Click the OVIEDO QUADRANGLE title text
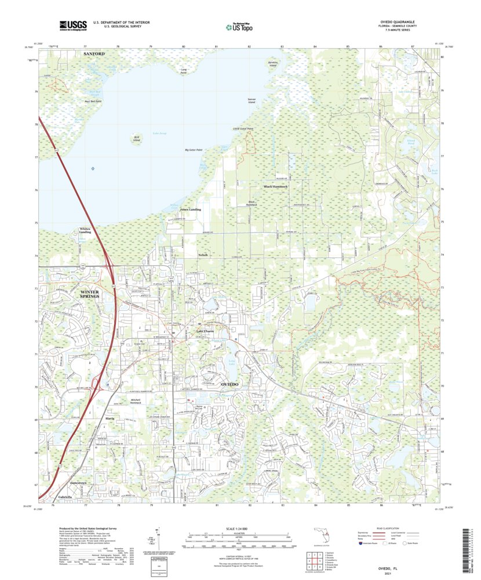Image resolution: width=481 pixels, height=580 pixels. [x=400, y=22]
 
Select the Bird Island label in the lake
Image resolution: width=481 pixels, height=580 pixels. [x=137, y=139]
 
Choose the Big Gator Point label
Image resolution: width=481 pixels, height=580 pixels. [x=193, y=150]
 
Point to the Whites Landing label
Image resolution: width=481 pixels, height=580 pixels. [x=86, y=230]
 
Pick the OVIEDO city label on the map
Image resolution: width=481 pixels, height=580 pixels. [x=230, y=385]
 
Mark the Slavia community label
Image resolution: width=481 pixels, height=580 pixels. [x=109, y=418]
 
